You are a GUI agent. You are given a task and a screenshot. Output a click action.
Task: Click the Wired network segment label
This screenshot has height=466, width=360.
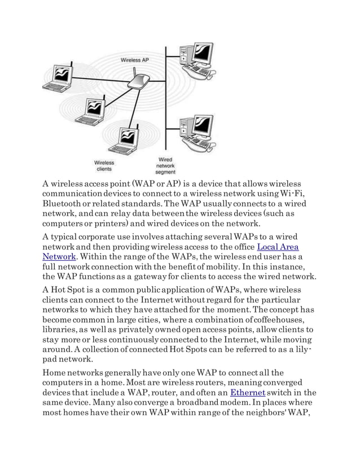(x=165, y=166)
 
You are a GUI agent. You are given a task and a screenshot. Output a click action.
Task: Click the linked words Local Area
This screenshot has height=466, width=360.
(x=278, y=247)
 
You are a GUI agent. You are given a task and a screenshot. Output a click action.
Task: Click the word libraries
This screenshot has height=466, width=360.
(x=61, y=329)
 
